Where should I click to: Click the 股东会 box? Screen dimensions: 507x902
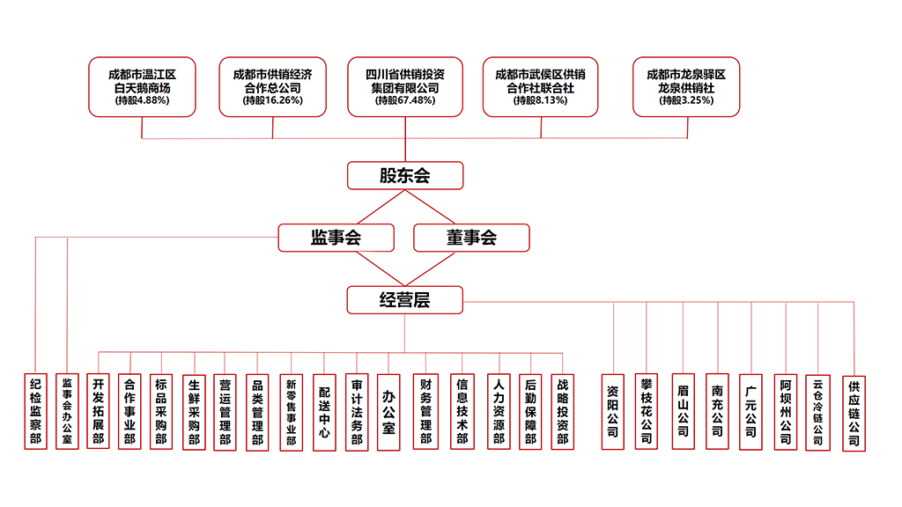404,176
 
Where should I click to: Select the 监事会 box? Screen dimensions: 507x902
336,238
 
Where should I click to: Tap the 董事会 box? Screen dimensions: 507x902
471,238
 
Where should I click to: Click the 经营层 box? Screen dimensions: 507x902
404,300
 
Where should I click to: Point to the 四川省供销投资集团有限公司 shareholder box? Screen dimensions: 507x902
404,86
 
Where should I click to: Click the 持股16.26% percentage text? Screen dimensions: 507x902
272,101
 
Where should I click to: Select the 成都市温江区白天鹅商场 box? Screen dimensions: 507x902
142,86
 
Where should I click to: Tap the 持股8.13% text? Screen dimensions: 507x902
540,101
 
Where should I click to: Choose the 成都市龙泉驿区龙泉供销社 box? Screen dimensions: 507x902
685,86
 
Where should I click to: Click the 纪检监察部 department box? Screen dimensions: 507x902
35,412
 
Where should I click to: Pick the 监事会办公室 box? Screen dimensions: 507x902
67,412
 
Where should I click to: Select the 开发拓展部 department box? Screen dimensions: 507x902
98,412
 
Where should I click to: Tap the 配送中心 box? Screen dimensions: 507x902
324,412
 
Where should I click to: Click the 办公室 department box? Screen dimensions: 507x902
388,412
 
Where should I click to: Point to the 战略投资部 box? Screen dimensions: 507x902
562,412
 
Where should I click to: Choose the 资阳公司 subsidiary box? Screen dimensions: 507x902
613,412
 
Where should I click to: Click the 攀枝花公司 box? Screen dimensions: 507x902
647,412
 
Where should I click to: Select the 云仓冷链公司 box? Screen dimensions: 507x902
818,412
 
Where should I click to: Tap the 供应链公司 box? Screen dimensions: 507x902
854,412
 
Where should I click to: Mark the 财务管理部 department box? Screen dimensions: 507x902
425,412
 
